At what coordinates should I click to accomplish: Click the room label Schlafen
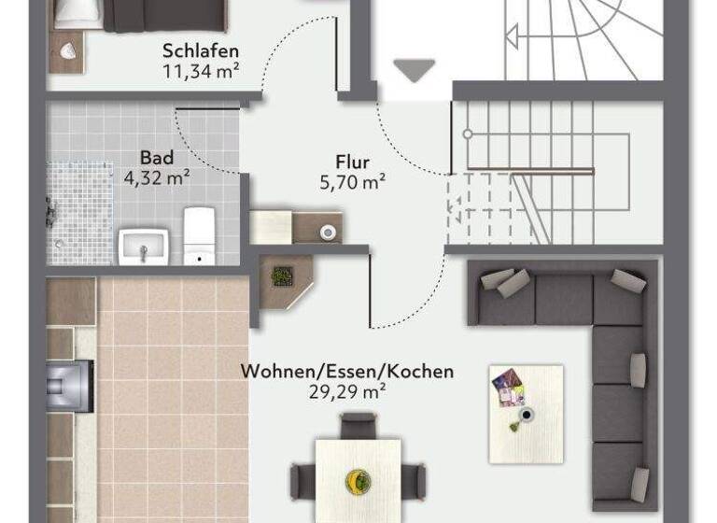pyautogui.click(x=201, y=50)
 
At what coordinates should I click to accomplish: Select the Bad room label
pyautogui.click(x=157, y=158)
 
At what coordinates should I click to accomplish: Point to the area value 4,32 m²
pyautogui.click(x=157, y=177)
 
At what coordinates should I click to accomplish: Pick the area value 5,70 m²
pyautogui.click(x=352, y=182)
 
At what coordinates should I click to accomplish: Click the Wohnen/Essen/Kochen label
pyautogui.click(x=347, y=371)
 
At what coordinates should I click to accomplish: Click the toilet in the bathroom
pyautogui.click(x=199, y=235)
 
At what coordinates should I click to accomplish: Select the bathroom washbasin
pyautogui.click(x=143, y=247)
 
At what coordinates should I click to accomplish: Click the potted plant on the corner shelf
pyautogui.click(x=282, y=276)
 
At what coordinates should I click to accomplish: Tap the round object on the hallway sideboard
pyautogui.click(x=327, y=233)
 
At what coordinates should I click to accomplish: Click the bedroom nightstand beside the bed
pyautogui.click(x=67, y=51)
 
